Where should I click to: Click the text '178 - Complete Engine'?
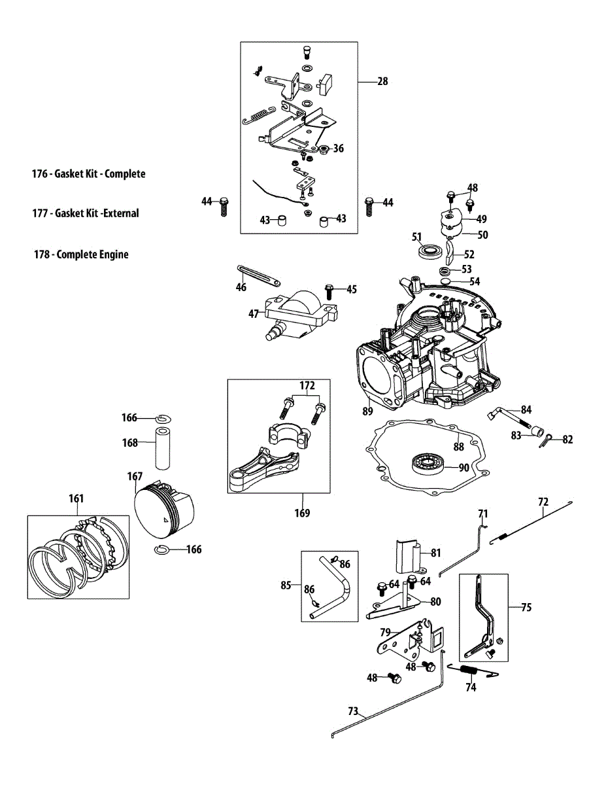(81, 254)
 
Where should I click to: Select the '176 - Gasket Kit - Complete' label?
(88, 174)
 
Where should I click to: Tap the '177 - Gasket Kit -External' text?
(85, 213)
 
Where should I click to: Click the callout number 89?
(367, 411)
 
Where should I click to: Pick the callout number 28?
(382, 82)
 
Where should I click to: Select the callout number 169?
(301, 513)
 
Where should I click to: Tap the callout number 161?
(76, 498)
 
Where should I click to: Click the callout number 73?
(353, 710)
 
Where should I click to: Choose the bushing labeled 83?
(537, 431)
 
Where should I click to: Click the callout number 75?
(526, 607)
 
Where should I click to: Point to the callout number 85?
(286, 585)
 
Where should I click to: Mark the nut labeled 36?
(322, 148)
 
